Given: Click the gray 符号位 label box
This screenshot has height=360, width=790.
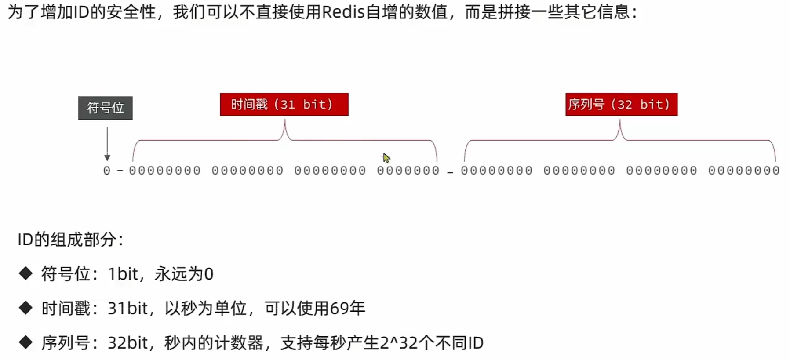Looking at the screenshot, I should (105, 108).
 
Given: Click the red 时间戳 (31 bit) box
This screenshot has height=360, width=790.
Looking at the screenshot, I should (284, 104).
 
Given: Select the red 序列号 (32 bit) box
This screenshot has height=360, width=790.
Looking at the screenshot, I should (621, 104).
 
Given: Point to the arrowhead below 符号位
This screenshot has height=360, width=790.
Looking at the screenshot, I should (107, 157).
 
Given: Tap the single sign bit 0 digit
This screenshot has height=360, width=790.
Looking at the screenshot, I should (107, 171).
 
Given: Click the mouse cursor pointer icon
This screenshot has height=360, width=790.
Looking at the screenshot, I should (386, 157).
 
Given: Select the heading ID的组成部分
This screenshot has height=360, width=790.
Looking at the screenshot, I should (70, 240).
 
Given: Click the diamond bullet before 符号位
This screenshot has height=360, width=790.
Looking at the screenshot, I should (25, 273).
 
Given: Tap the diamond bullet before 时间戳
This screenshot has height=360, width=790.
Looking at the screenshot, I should (25, 308).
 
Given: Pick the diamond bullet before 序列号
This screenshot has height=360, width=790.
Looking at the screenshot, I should (25, 342).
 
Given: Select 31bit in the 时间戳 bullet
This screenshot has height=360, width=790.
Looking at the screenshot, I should (127, 308).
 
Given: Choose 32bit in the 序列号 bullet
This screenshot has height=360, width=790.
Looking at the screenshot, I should (127, 342).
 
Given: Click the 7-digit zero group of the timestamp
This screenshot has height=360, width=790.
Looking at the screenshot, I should (408, 171).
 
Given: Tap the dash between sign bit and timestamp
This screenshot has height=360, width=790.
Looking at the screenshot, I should (120, 171).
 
